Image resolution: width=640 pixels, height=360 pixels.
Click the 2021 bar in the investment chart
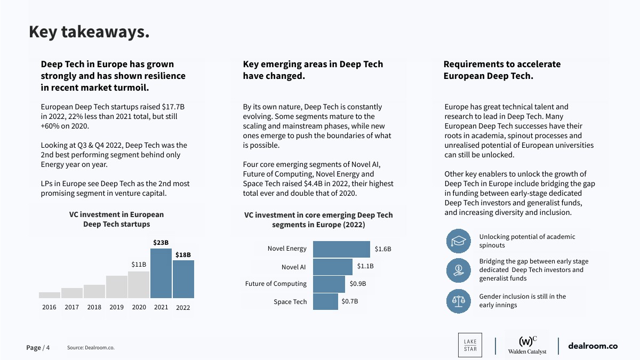[161, 273]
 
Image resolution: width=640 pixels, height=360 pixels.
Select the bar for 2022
[183, 279]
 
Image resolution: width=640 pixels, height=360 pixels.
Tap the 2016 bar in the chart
[50, 295]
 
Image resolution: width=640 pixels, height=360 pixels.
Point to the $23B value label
[161, 243]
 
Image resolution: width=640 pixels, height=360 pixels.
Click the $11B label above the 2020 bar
[139, 265]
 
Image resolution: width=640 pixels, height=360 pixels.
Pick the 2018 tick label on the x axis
[94, 307]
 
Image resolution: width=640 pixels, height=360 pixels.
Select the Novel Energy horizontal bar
[341, 249]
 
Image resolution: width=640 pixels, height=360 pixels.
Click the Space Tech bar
[325, 302]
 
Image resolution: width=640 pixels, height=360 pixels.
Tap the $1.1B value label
[365, 266]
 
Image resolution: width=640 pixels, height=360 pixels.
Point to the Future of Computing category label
[276, 284]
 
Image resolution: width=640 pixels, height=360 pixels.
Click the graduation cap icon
[459, 241]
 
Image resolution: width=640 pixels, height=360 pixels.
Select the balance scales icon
[459, 301]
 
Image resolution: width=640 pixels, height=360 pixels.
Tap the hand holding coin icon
[459, 270]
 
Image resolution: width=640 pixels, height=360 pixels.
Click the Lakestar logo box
[470, 345]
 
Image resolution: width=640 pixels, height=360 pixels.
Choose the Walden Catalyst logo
[527, 345]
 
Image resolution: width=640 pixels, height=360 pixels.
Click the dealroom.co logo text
[593, 346]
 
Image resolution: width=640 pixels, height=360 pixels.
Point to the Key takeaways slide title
[89, 32]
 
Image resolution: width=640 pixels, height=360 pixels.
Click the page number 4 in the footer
[48, 348]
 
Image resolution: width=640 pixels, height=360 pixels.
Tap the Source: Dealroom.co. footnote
[91, 348]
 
